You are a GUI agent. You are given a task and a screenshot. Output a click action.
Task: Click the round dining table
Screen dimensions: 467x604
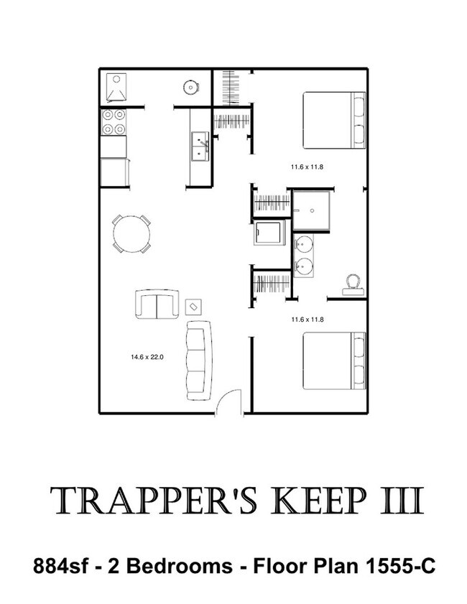coord(131,234)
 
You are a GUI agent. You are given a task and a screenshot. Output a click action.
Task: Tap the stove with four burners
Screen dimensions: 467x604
coord(114,121)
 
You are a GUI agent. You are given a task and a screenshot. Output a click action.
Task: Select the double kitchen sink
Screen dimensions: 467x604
coord(200,147)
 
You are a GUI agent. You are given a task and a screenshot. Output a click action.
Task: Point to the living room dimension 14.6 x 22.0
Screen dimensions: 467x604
coord(147,357)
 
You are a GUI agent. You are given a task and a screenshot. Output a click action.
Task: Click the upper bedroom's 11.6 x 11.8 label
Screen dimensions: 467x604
coord(307,167)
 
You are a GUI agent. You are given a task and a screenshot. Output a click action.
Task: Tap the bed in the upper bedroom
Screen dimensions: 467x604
coord(335,120)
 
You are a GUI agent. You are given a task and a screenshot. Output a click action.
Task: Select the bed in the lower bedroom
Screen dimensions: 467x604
coord(335,361)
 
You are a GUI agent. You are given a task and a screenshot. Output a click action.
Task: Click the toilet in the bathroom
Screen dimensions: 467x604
coord(353,285)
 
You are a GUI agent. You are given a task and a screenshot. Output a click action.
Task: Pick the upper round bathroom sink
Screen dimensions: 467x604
coord(304,244)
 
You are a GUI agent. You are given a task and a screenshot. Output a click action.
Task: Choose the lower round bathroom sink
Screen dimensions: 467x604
coord(304,266)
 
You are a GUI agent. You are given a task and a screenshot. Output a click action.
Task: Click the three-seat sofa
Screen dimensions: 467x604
coord(199,360)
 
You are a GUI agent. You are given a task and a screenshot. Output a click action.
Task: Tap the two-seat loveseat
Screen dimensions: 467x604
coord(157,305)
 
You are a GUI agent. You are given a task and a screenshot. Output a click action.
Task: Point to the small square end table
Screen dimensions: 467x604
coord(194,307)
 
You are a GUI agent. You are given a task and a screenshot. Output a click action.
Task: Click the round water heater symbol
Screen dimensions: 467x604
coord(190,88)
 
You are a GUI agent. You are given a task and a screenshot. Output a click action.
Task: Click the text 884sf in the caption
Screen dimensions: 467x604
coord(61,566)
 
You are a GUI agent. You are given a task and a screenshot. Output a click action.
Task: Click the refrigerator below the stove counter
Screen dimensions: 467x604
coord(114,172)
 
